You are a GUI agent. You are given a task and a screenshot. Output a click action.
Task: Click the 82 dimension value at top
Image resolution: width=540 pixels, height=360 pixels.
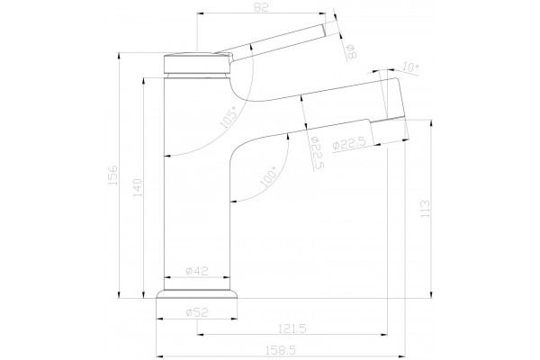point(261,7)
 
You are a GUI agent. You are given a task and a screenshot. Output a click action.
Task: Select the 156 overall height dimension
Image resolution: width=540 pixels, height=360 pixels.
point(113,175)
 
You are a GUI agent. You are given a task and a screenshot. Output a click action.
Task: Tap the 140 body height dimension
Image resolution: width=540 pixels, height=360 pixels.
point(137,188)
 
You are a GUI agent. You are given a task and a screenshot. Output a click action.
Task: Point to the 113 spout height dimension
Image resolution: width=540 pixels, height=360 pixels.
point(426,208)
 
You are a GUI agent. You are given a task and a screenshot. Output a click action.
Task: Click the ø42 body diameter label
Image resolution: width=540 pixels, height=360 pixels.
point(196,271)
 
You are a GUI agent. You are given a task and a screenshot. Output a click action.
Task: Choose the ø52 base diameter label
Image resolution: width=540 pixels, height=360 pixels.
point(196,312)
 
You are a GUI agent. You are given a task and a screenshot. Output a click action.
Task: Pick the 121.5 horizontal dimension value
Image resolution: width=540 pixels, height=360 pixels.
point(292,328)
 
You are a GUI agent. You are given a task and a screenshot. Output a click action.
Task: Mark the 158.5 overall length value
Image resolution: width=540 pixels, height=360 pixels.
point(281,350)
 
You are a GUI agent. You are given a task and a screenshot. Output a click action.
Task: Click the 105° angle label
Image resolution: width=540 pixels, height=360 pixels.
point(229,118)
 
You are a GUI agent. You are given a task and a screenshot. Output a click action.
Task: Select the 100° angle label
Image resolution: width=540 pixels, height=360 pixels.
point(268,176)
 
